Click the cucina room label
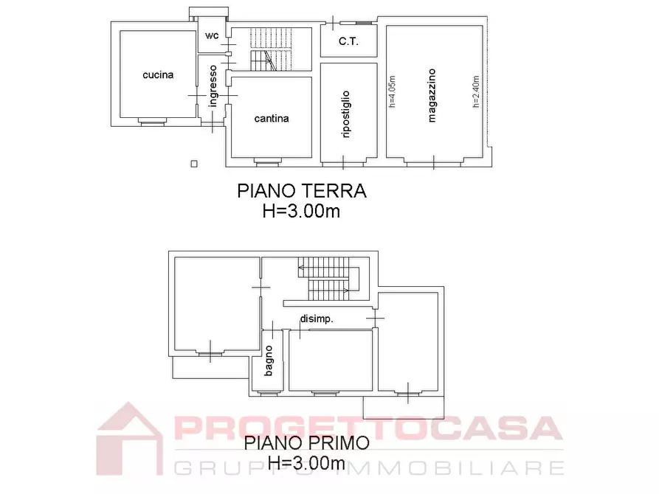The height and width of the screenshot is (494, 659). (159, 75)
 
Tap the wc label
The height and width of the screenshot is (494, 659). (211, 35)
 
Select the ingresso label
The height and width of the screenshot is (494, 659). (213, 87)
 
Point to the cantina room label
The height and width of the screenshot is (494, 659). (271, 118)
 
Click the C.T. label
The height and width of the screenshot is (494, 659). (348, 42)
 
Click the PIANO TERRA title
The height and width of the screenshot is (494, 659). (301, 191)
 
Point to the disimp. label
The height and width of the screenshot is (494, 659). (316, 319)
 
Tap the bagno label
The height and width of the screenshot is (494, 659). (269, 361)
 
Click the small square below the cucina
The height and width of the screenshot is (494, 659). (194, 164)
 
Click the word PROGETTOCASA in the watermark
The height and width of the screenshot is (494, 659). (368, 429)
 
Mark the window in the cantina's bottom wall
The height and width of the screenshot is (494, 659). (262, 160)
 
